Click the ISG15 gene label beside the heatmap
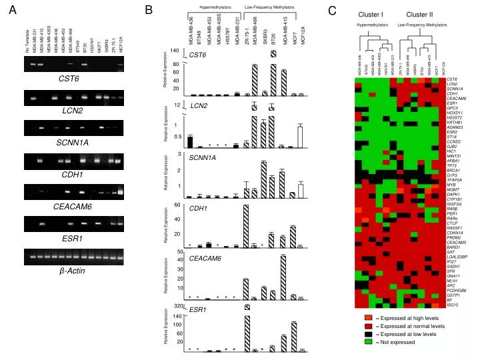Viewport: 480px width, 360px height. tap(453, 305)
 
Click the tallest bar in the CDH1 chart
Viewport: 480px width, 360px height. tap(247, 226)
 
